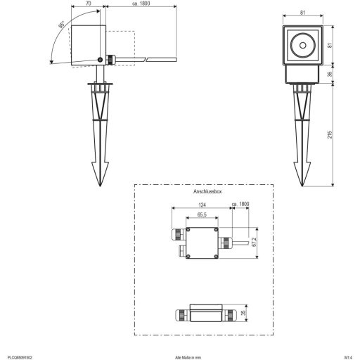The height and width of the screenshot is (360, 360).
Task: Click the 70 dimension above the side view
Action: [87, 4]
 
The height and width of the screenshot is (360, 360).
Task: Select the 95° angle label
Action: [62, 27]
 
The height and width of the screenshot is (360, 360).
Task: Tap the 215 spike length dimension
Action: [330, 135]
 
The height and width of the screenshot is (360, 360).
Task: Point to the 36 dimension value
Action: [330, 72]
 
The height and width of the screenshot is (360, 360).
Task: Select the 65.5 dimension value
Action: [201, 214]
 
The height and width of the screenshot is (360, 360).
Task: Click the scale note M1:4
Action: [348, 356]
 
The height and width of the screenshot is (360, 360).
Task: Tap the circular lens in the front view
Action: [303, 46]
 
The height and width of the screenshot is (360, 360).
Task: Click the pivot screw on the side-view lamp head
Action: [101, 60]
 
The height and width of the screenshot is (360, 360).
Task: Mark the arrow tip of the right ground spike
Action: [304, 186]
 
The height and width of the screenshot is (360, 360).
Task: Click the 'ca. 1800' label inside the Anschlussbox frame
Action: [240, 205]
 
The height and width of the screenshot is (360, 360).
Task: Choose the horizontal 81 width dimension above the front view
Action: [302, 11]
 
